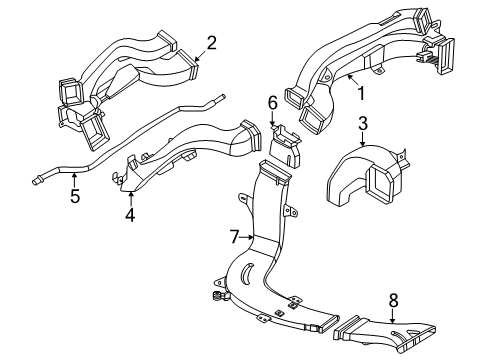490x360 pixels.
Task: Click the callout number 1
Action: [x=361, y=93]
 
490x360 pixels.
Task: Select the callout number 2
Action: [x=211, y=43]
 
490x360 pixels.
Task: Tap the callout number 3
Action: [x=363, y=123]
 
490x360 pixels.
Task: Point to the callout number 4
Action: [x=130, y=215]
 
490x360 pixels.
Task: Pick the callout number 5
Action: [x=75, y=196]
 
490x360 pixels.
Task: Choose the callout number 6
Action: [x=273, y=103]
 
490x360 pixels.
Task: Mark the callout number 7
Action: [x=235, y=237]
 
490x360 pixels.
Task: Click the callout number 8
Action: [x=393, y=301]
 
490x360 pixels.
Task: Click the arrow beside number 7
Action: [x=247, y=237]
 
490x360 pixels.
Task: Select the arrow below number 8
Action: [x=393, y=316]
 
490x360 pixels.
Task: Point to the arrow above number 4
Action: [x=131, y=198]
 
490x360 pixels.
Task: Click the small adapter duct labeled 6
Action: [x=285, y=145]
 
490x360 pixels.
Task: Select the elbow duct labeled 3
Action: [x=368, y=175]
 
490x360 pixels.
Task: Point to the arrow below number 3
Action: [x=363, y=139]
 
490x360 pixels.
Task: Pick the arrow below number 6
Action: [x=273, y=119]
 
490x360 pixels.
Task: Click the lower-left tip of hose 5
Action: [x=33, y=182]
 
